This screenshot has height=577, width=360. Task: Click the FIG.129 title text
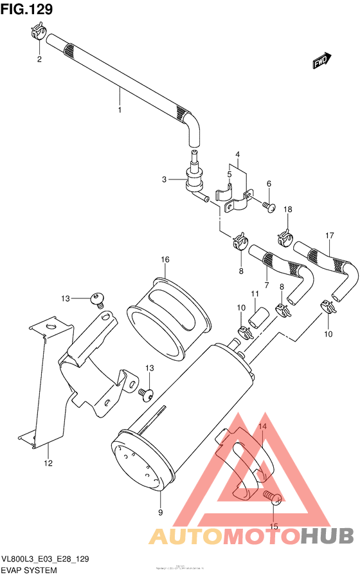coord(27,9)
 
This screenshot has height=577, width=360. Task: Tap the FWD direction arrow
coord(321,60)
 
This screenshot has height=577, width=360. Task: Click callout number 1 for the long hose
coord(120,111)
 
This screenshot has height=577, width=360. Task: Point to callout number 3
coord(165,179)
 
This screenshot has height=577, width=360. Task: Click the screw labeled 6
coord(269,206)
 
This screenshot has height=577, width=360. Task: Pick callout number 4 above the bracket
coord(237,155)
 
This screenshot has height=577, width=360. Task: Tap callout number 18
coord(288,210)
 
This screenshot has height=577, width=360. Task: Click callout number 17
coord(329,235)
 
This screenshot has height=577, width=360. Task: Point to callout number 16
coord(165,259)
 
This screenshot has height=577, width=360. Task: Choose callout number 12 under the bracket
coord(48,463)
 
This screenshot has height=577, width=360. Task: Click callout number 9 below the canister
coord(161,513)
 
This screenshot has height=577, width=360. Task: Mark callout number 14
coord(262,426)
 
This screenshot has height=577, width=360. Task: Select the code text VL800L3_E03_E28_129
coord(45,560)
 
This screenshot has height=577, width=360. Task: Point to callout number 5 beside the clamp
coord(229,174)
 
